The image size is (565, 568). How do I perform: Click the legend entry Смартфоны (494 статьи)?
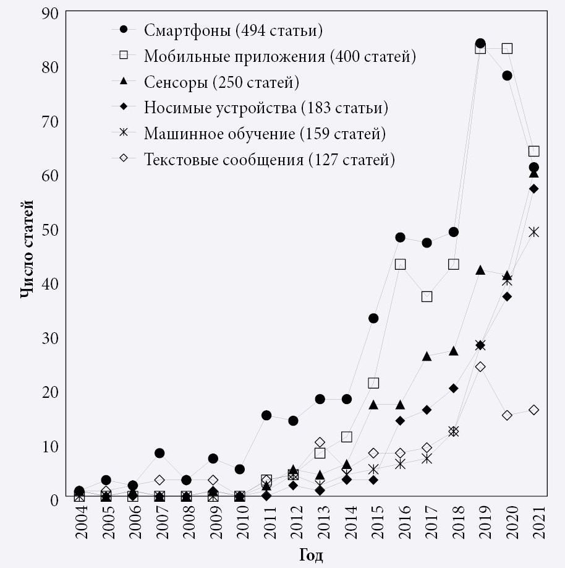pyautogui.click(x=233, y=30)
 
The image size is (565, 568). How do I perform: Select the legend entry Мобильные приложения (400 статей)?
pyautogui.click(x=279, y=56)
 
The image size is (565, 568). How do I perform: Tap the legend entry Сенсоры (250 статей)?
pyautogui.click(x=221, y=82)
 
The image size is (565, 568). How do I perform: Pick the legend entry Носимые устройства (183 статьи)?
pyautogui.click(x=266, y=108)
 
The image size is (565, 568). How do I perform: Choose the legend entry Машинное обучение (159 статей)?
pyautogui.click(x=265, y=134)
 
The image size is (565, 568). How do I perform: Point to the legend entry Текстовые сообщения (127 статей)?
pyautogui.click(x=269, y=160)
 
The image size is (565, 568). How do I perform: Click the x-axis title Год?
pyautogui.click(x=311, y=554)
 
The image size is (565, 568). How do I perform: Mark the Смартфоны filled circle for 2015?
pyautogui.click(x=373, y=318)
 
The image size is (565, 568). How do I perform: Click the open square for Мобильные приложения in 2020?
pyautogui.click(x=507, y=48)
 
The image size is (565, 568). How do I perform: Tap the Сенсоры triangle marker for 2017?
pyautogui.click(x=427, y=356)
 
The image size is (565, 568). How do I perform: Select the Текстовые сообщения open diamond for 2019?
pyautogui.click(x=480, y=366)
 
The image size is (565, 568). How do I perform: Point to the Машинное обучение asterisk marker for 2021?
pyautogui.click(x=533, y=232)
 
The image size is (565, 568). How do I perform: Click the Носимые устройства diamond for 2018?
pyautogui.click(x=454, y=389)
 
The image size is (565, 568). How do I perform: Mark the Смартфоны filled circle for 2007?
pyautogui.click(x=159, y=453)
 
